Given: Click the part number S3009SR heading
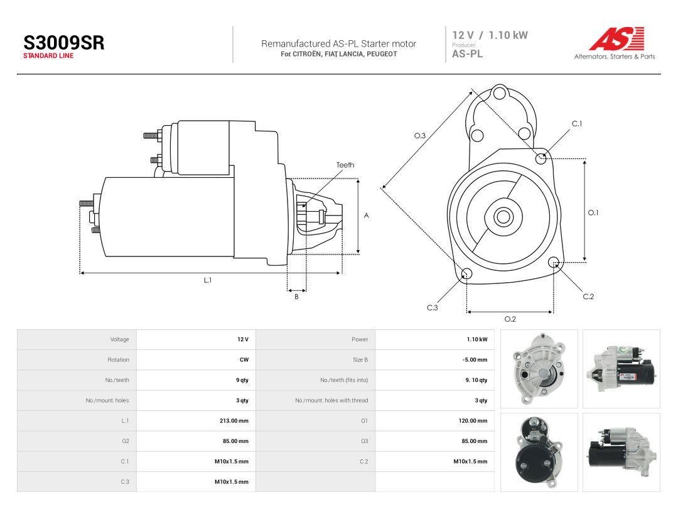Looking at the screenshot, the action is coord(64,43).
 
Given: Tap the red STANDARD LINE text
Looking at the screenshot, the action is coord(48,56).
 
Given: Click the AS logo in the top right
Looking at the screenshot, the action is coord(617,38).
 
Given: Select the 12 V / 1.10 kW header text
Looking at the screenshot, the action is coord(490,35).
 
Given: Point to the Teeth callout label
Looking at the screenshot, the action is coord(345,165).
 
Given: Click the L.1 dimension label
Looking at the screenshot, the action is coord(208,280).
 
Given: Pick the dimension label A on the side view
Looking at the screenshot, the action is coord(366,216).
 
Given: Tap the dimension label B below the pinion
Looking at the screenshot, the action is coord(296,297).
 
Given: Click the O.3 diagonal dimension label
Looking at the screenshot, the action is coord(420,136).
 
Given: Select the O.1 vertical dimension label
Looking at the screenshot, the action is coord(593,212).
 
